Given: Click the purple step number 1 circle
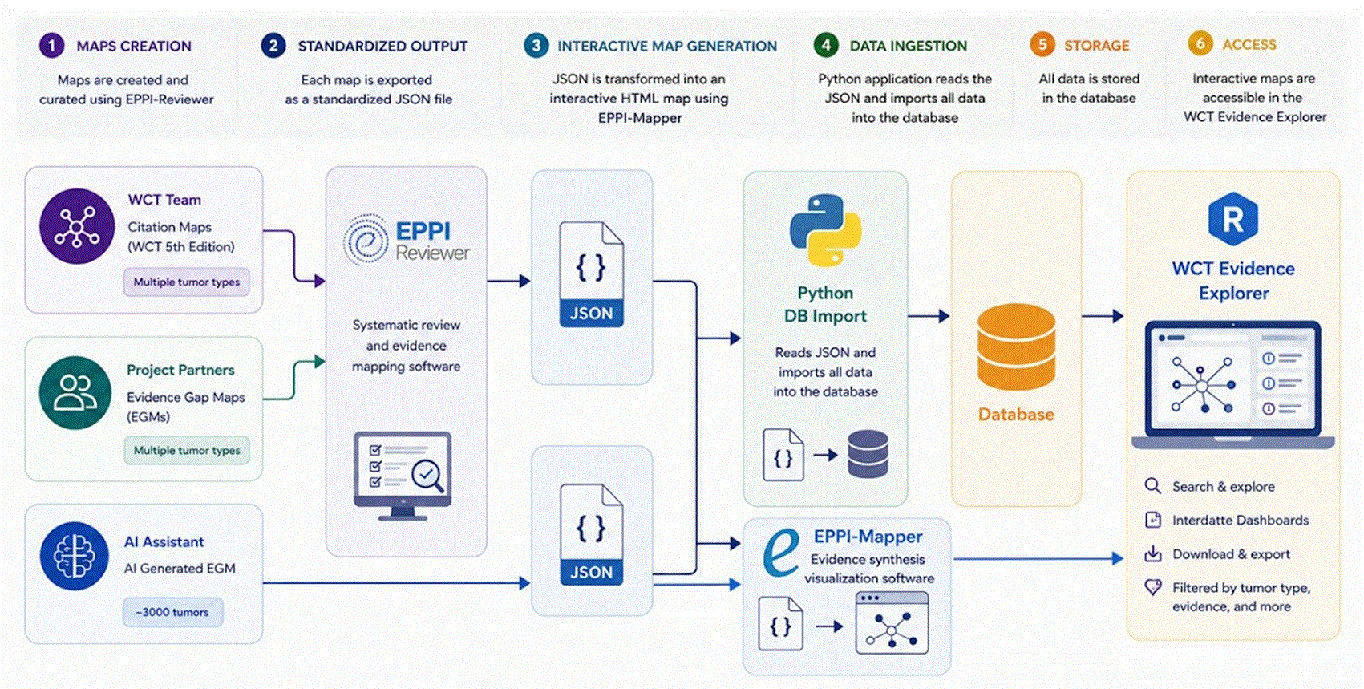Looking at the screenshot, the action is [52, 46].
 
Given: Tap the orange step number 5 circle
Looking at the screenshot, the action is [1042, 44].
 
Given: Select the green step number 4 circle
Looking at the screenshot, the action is [826, 45].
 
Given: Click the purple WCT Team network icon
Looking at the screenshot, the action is [77, 226].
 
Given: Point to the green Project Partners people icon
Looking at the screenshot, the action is [75, 393].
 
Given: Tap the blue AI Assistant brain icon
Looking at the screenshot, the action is [75, 556].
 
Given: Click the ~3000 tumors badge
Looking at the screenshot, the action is [173, 612].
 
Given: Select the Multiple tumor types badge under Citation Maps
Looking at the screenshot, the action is [186, 282].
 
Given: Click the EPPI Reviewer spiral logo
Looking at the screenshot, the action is [366, 240].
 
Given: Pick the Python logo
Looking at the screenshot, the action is [826, 230].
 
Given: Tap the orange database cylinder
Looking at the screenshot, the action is [1016, 347].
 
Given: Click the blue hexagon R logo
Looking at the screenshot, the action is [1233, 219].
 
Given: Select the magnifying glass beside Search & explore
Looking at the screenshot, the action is [1152, 486].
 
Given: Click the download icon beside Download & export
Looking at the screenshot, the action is [1152, 553].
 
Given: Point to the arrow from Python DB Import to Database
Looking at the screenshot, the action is [929, 316].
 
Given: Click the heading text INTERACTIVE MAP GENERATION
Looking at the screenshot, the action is [667, 47].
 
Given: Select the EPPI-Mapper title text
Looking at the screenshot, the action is [868, 537].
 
